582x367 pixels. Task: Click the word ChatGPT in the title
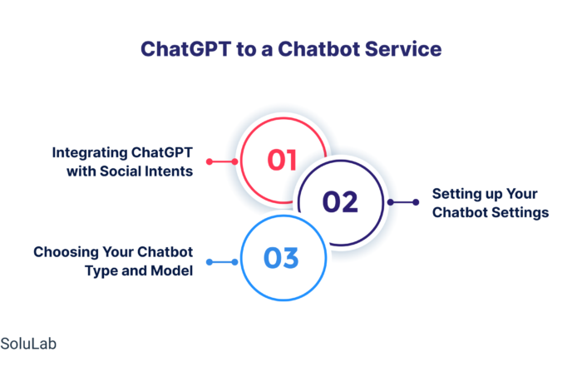(186, 49)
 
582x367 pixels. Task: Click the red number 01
(282, 160)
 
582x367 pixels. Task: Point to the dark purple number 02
(340, 202)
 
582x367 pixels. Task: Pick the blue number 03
(281, 258)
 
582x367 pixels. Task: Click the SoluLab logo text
(28, 344)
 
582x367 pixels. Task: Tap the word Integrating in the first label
(90, 153)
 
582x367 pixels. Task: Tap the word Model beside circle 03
(172, 270)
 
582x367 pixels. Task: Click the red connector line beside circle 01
(222, 161)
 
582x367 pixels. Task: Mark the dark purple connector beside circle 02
(403, 202)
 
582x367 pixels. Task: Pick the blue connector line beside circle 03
(222, 262)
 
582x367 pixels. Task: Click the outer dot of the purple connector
(416, 202)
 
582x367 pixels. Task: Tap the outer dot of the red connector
(210, 161)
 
